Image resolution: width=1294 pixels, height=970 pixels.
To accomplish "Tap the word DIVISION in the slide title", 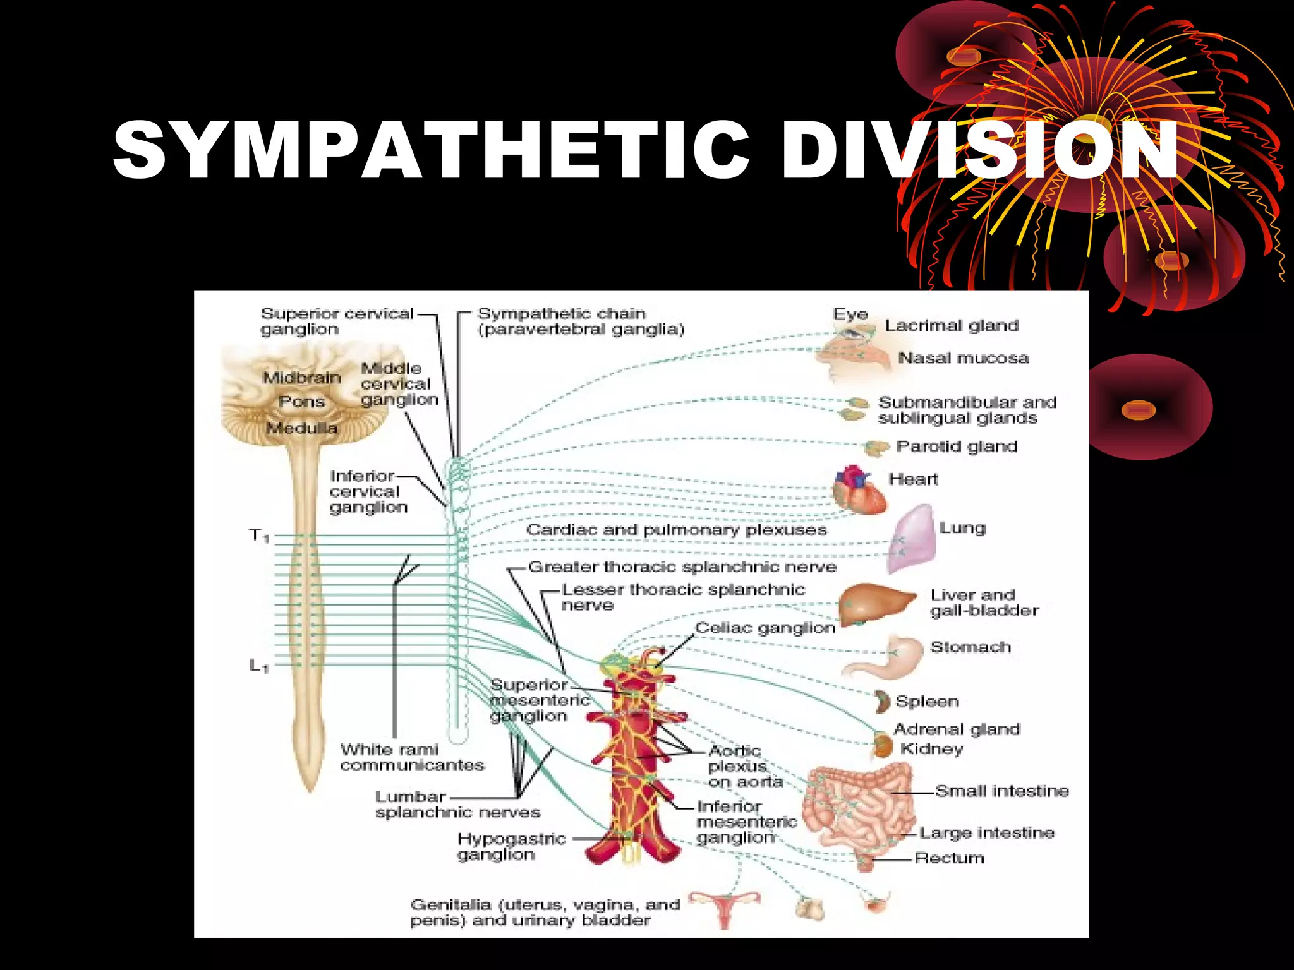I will (x=979, y=150).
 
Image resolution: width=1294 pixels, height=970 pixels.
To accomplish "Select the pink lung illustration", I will (x=914, y=539).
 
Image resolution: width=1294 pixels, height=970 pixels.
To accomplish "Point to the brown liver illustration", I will (x=875, y=603).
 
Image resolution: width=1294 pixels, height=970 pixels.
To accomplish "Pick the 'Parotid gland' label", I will (x=957, y=446).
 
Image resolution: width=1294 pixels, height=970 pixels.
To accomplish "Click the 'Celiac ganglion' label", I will (x=765, y=628).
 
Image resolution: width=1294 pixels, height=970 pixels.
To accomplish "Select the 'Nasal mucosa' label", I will (x=964, y=358).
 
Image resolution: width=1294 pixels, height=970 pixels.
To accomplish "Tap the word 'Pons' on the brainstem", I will (x=302, y=402).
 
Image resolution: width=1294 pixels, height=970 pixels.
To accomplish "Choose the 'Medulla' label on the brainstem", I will (x=302, y=428).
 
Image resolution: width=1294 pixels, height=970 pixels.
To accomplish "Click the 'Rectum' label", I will (x=949, y=858).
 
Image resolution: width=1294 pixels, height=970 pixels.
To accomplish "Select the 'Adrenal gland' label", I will (x=957, y=729).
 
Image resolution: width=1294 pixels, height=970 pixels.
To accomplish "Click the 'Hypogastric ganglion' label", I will (x=511, y=847).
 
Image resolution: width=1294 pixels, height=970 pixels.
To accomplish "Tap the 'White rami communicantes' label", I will (x=412, y=757).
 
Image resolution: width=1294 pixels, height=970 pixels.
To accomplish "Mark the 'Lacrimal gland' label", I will (x=952, y=326).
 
